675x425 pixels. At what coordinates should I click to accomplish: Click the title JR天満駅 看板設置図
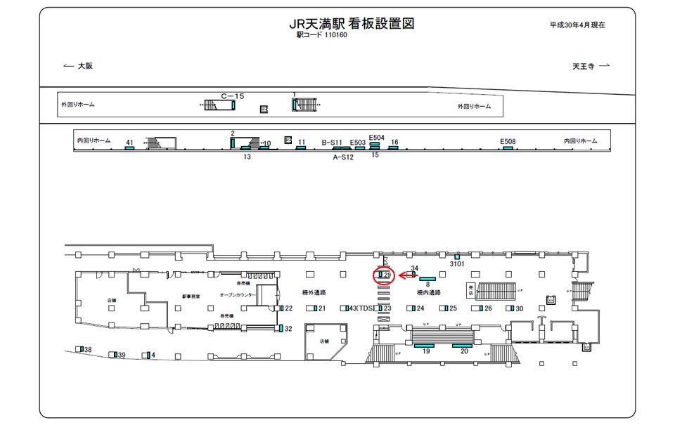(351, 24)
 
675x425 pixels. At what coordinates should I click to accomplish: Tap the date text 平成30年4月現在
(577, 25)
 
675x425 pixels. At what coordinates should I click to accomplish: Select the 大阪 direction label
(85, 66)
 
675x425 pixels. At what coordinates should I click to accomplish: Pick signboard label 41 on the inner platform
(129, 143)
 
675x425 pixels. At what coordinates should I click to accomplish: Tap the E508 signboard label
(508, 141)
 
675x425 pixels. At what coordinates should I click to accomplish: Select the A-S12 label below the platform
(343, 157)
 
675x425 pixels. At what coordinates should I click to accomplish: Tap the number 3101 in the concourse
(457, 264)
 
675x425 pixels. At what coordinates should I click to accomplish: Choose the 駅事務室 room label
(191, 296)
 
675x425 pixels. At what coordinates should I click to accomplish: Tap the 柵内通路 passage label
(428, 292)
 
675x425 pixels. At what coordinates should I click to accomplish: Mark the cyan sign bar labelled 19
(424, 346)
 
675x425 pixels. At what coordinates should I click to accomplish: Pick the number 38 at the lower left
(88, 350)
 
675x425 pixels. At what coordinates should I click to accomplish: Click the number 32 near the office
(288, 329)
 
